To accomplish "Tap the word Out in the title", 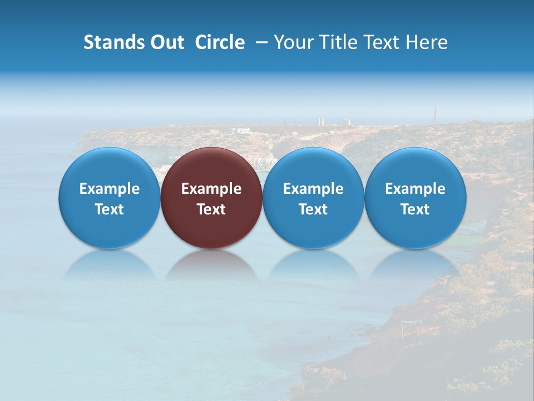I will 166,42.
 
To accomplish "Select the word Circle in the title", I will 220,42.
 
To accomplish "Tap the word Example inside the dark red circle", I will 211,189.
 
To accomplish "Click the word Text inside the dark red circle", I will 211,209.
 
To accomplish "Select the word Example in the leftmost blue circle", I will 110,189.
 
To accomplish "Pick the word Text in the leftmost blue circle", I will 110,209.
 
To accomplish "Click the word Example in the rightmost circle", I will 416,189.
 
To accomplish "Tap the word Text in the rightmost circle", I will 416,209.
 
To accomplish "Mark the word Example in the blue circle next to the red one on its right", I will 313,189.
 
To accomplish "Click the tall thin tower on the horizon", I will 435,116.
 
